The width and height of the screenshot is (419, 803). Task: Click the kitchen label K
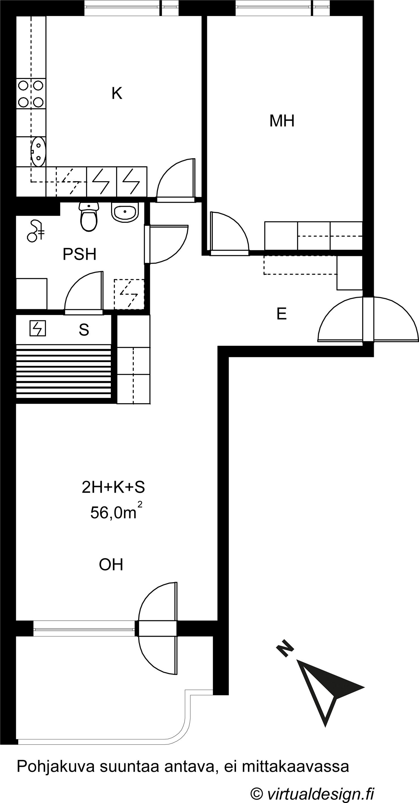click(x=117, y=93)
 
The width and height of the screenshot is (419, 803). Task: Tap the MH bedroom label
click(x=282, y=121)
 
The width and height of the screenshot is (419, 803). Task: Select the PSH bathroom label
click(x=80, y=254)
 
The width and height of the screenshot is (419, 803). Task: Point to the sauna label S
click(x=84, y=329)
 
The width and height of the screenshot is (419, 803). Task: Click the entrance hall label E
click(x=282, y=314)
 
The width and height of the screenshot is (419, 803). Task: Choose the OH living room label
click(x=111, y=565)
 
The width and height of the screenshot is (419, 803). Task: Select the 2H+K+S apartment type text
click(x=113, y=487)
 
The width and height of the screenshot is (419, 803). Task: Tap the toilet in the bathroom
click(x=89, y=217)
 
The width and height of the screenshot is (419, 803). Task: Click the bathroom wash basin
click(x=125, y=212)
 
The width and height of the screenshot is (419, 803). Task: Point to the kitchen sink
click(x=38, y=152)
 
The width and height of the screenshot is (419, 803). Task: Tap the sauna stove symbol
click(x=38, y=328)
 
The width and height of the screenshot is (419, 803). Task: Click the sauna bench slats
click(x=63, y=371)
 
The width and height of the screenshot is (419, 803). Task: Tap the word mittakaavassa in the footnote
click(x=295, y=766)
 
